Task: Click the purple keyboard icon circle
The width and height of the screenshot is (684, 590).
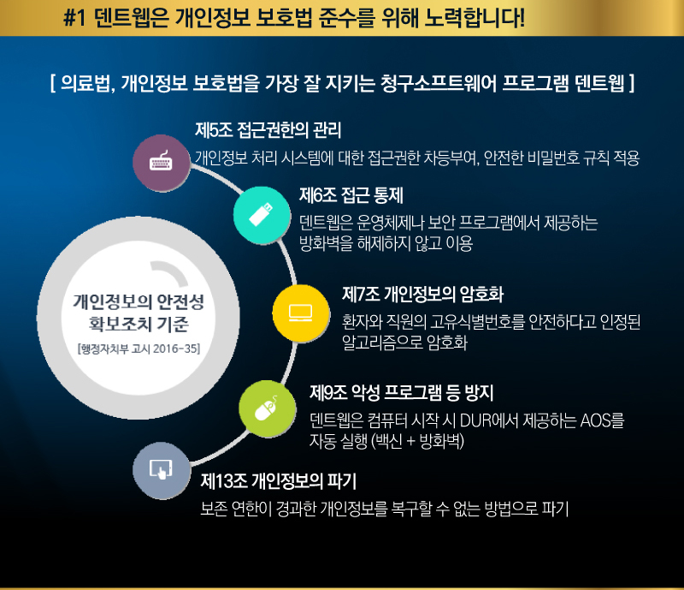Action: coord(162,163)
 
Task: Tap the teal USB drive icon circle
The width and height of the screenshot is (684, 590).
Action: coord(262,215)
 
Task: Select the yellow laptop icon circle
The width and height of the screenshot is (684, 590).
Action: coord(301,313)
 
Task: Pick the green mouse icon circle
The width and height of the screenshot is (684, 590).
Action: coord(268,408)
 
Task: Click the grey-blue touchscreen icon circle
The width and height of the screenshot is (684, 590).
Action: coord(162,470)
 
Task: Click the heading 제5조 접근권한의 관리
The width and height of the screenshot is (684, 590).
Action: coord(268,130)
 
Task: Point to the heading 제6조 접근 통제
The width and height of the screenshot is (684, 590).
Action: coord(351,195)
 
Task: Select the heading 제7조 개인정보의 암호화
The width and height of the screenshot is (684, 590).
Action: coord(422,294)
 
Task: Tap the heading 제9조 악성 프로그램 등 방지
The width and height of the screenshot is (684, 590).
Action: coord(402,392)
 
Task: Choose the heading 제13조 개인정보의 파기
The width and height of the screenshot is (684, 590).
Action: coord(279,481)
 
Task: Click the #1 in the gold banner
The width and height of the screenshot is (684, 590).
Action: coord(74,18)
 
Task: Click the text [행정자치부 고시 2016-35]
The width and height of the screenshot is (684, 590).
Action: coord(139,349)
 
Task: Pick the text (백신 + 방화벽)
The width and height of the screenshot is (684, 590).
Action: coord(417,441)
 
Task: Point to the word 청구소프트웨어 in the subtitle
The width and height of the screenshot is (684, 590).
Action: coord(439,83)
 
